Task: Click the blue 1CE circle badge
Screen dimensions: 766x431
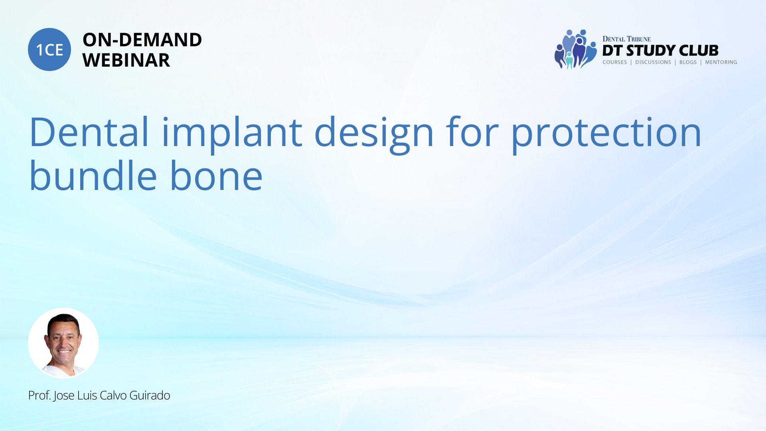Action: pos(49,49)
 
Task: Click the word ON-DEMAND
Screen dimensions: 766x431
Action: pos(142,40)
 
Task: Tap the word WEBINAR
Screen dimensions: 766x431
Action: pos(126,60)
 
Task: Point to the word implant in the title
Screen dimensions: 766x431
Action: pos(232,134)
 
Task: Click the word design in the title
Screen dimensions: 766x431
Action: pos(374,134)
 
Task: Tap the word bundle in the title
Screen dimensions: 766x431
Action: pos(93,175)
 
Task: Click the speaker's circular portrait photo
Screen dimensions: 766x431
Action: pos(63,343)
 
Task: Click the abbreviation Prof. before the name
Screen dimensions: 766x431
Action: pos(39,395)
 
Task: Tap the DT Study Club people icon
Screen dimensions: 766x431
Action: pos(575,49)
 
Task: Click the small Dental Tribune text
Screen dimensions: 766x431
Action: pos(626,39)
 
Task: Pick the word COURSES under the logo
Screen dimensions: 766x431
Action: pos(614,62)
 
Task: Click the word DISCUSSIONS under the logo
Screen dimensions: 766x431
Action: pos(653,62)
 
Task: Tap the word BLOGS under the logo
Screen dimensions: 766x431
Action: pos(688,62)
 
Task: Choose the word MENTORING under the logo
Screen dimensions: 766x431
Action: pos(721,62)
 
